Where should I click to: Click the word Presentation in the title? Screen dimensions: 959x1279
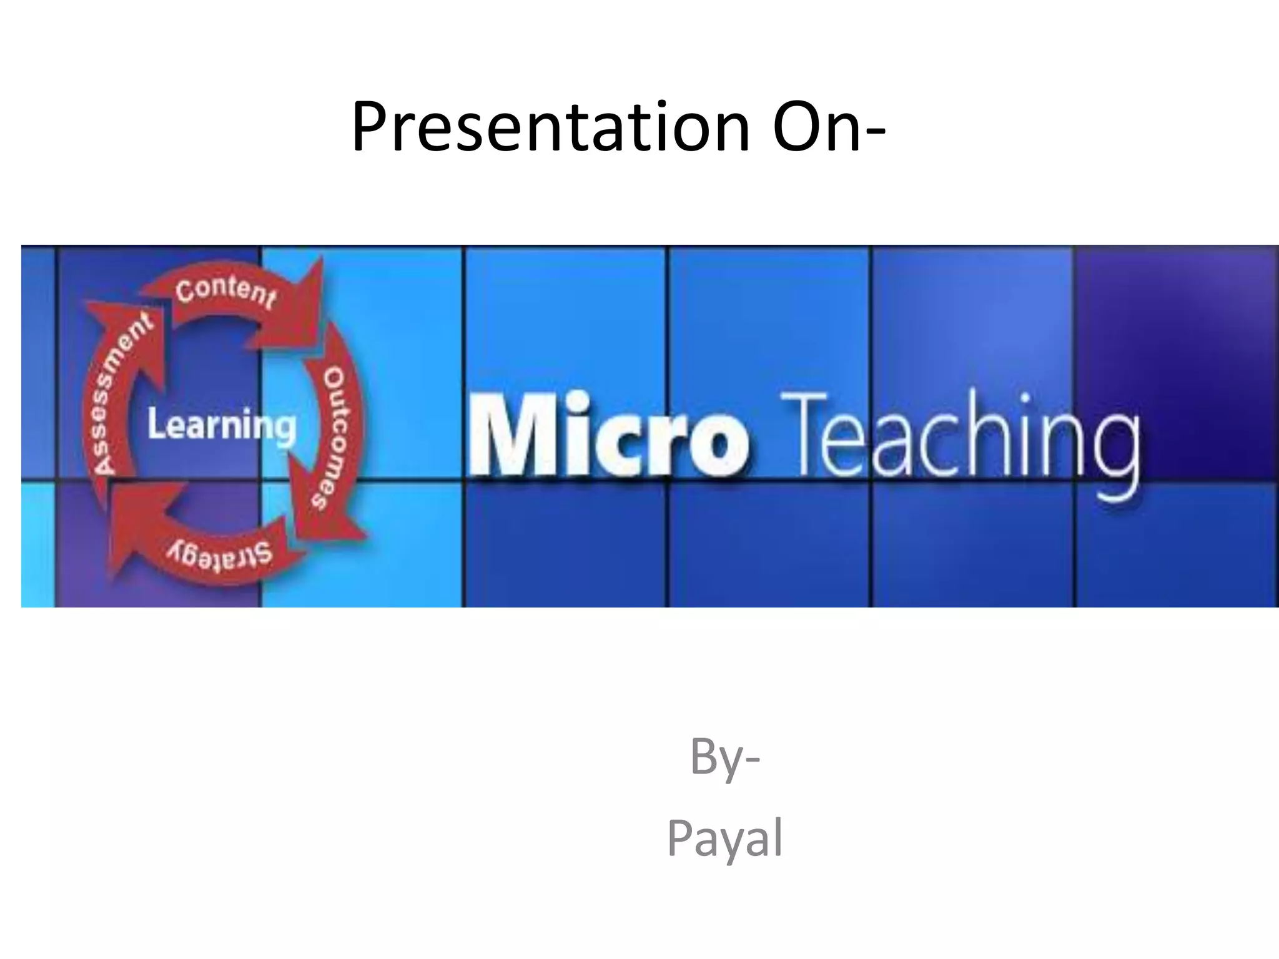click(x=550, y=128)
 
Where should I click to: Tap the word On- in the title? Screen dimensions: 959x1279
click(x=828, y=128)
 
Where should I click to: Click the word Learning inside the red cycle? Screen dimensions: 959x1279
click(x=221, y=426)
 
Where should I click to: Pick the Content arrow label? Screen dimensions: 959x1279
click(x=225, y=291)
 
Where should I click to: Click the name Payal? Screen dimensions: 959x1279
click(x=724, y=839)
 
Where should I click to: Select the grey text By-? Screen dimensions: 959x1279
click(x=724, y=757)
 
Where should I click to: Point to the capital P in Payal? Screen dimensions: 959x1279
click(x=679, y=839)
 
